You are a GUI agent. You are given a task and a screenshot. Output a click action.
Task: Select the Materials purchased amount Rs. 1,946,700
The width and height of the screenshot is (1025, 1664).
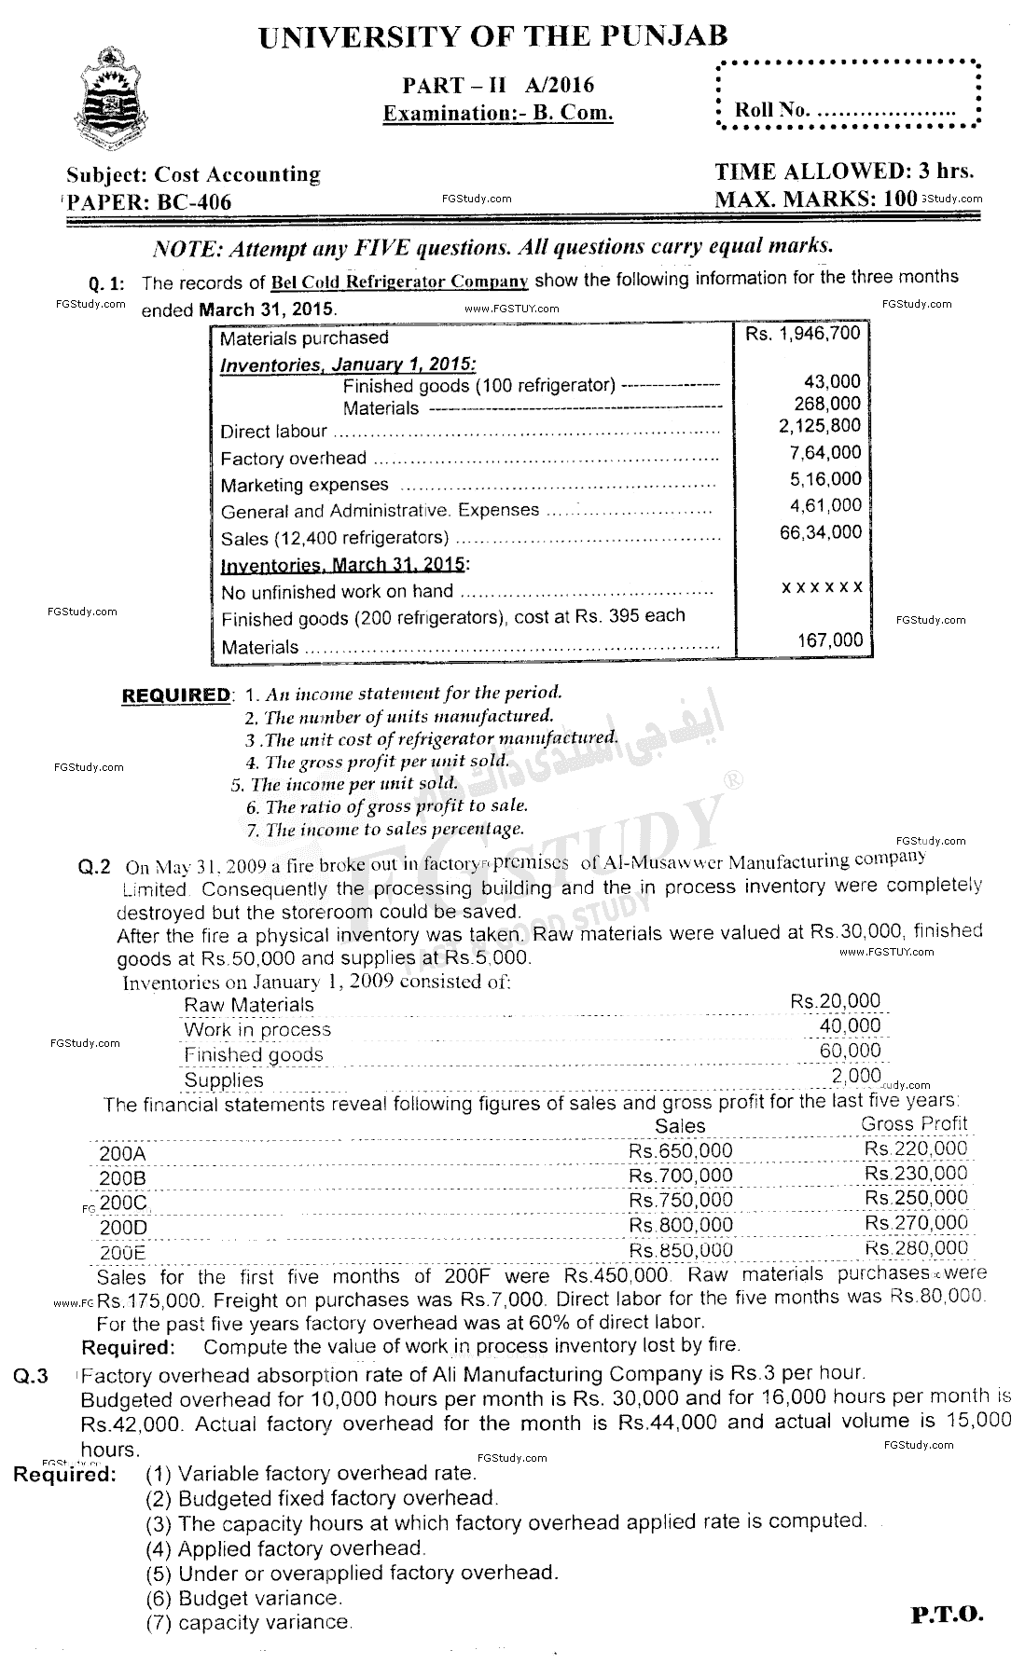802,333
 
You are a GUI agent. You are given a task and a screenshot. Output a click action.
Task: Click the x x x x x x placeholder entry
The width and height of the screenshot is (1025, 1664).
822,587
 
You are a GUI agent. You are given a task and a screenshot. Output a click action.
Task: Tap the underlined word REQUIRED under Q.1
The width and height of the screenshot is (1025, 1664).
175,695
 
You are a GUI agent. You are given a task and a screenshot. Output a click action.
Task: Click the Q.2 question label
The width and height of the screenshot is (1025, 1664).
94,866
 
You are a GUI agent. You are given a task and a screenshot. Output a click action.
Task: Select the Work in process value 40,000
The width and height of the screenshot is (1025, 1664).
845,1025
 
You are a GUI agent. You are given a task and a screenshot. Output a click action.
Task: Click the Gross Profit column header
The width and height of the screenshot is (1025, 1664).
914,1123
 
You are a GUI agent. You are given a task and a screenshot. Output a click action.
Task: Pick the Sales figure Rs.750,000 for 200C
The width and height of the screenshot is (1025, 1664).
680,1200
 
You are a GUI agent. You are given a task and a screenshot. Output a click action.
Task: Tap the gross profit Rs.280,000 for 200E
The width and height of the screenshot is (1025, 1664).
916,1247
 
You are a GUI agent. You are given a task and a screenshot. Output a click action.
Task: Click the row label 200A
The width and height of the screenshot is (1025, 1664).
122,1153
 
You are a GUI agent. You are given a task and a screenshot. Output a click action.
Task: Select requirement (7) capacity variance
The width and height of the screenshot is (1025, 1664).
248,1623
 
